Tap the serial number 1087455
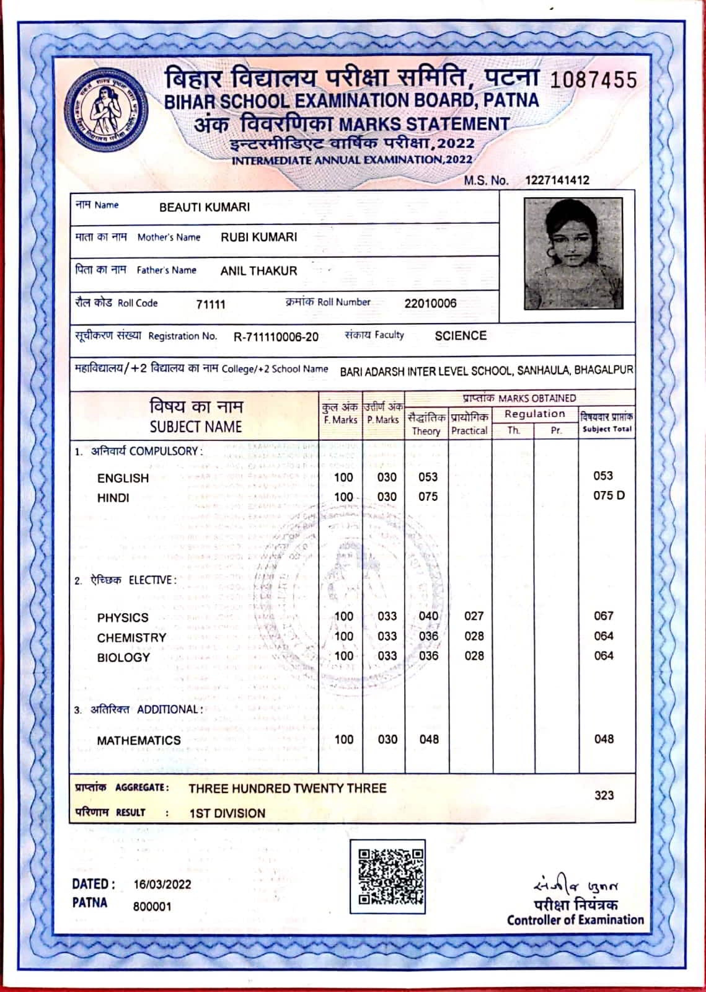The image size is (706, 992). click(593, 80)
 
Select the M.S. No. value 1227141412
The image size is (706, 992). click(557, 180)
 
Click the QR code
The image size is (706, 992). click(387, 876)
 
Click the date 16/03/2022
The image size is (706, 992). click(162, 885)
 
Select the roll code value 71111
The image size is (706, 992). click(211, 304)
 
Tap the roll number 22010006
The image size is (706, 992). click(430, 303)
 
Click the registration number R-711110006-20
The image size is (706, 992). click(276, 337)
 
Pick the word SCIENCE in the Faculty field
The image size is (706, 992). click(461, 335)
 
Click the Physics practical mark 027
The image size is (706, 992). click(474, 616)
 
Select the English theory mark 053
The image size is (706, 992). click(428, 477)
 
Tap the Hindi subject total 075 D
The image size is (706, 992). click(609, 495)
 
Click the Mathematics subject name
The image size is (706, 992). click(139, 740)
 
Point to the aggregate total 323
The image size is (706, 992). click(604, 795)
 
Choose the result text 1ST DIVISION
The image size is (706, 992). click(227, 813)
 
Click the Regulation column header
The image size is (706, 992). click(534, 414)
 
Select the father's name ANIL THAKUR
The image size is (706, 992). click(258, 271)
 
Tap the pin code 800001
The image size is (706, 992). click(152, 906)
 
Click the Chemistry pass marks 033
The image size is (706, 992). click(387, 636)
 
